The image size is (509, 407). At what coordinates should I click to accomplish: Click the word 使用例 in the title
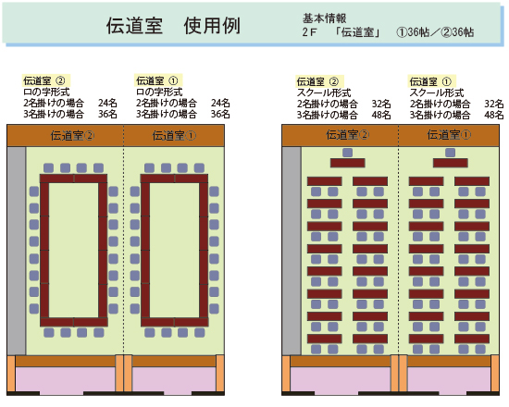[x=212, y=26]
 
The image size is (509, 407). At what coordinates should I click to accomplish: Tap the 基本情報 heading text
[x=325, y=18]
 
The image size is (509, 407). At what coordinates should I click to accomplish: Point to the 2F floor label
[x=309, y=32]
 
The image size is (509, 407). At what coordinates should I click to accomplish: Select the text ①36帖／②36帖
[x=435, y=32]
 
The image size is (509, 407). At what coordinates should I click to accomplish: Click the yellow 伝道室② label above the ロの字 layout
[x=44, y=80]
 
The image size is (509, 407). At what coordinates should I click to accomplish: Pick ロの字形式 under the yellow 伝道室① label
[x=159, y=92]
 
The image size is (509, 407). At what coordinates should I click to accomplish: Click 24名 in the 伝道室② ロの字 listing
[x=107, y=103]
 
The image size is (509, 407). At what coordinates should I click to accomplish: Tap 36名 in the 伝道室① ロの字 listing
[x=220, y=114]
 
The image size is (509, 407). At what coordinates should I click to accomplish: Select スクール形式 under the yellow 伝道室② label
[x=324, y=92]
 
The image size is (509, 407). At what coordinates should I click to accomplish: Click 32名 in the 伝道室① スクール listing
[x=494, y=104]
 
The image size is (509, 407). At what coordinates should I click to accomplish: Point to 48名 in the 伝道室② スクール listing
[x=381, y=115]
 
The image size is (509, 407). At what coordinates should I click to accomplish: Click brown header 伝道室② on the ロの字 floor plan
[x=72, y=136]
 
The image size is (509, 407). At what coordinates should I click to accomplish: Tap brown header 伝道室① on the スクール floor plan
[x=449, y=135]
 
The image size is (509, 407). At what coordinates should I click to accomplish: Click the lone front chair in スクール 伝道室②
[x=347, y=153]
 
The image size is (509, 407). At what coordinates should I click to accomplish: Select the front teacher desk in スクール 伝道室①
[x=451, y=163]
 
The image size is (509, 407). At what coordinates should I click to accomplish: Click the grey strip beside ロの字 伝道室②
[x=17, y=251]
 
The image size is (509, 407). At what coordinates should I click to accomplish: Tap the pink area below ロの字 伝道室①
[x=174, y=379]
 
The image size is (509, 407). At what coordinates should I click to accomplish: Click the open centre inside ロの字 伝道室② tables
[x=73, y=251]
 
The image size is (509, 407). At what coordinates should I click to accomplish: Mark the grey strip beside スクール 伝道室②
[x=292, y=251]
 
